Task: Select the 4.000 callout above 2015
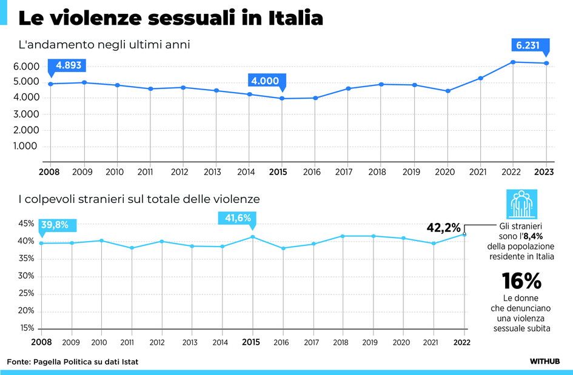266,81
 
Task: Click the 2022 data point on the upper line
514,62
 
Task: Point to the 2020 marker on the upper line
447,91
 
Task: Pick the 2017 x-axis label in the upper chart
344,172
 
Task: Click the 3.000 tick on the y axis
25,114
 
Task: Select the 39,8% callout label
58,225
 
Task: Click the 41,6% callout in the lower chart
238,218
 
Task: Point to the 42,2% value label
444,227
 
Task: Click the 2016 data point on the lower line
283,248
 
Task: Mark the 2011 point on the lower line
132,248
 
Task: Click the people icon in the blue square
521,204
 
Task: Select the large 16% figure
521,281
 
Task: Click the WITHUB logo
544,362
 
